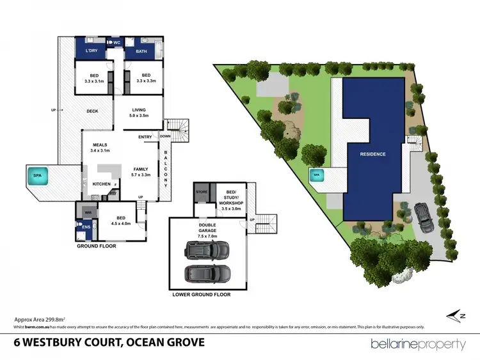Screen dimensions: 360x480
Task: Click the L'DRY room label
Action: tap(88, 49)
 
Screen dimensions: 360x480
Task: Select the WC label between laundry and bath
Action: tap(116, 43)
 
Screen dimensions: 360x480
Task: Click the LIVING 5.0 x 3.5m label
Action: tap(140, 113)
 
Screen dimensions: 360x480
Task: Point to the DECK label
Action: tap(92, 111)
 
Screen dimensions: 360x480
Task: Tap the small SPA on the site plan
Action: tap(315, 173)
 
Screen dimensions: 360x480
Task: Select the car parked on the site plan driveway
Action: tap(423, 216)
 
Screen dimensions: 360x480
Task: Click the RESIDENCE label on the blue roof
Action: tap(372, 154)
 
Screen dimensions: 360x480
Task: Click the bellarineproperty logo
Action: tap(418, 344)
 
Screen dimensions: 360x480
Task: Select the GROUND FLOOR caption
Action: tap(96, 246)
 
